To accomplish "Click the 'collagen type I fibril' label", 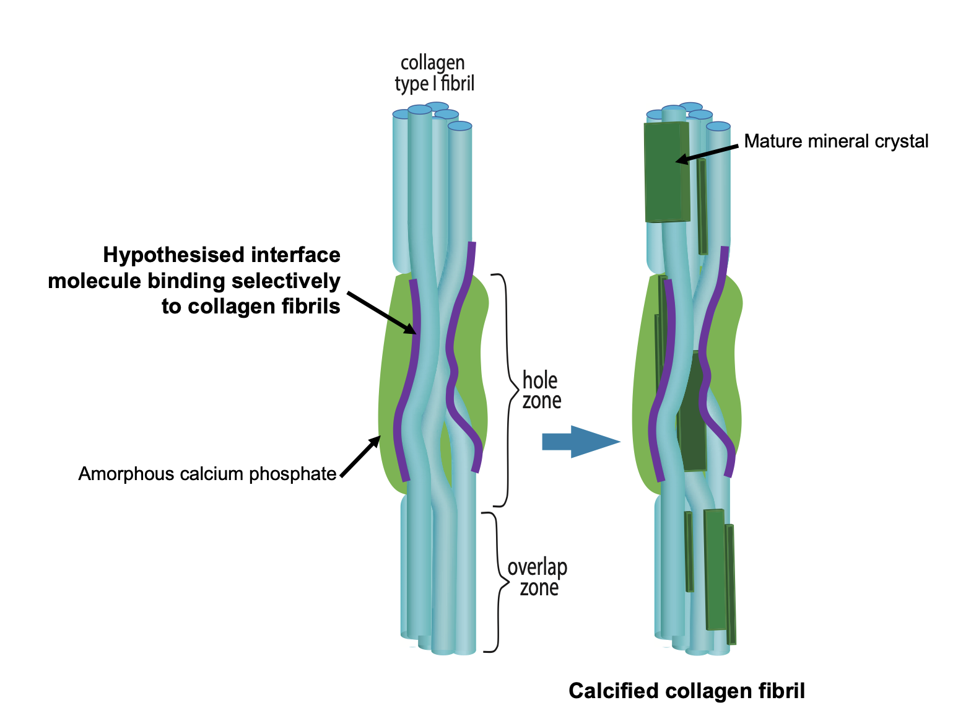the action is [x=434, y=74].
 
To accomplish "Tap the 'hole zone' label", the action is [x=541, y=391].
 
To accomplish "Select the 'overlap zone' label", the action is [x=537, y=578].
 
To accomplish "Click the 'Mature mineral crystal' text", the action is [x=835, y=141].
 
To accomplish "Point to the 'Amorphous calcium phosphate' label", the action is [x=207, y=474].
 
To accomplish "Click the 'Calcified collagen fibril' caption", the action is [x=686, y=691].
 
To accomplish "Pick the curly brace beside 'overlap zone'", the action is [x=497, y=582].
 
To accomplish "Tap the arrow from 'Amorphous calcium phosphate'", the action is [x=360, y=457].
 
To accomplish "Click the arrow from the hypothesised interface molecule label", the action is [x=381, y=313].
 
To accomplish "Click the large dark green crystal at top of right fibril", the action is [x=667, y=172].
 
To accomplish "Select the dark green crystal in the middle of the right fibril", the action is [x=692, y=411].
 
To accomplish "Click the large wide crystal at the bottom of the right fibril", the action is [x=715, y=570].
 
